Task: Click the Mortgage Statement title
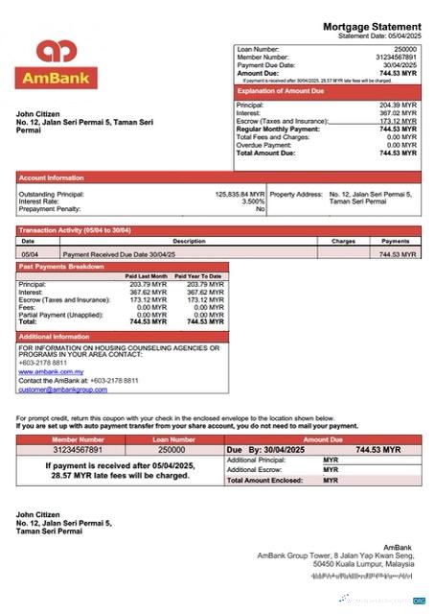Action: pos(371,26)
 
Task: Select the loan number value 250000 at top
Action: pos(405,48)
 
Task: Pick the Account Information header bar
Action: pos(52,178)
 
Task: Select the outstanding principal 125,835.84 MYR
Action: pos(240,194)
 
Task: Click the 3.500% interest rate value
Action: pos(253,201)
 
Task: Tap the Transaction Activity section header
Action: pos(75,230)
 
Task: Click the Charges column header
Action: pos(343,241)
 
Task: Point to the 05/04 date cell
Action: pos(30,254)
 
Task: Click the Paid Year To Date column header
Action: pos(198,276)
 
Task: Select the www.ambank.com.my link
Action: pos(51,371)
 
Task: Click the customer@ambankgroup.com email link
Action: pos(62,390)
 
